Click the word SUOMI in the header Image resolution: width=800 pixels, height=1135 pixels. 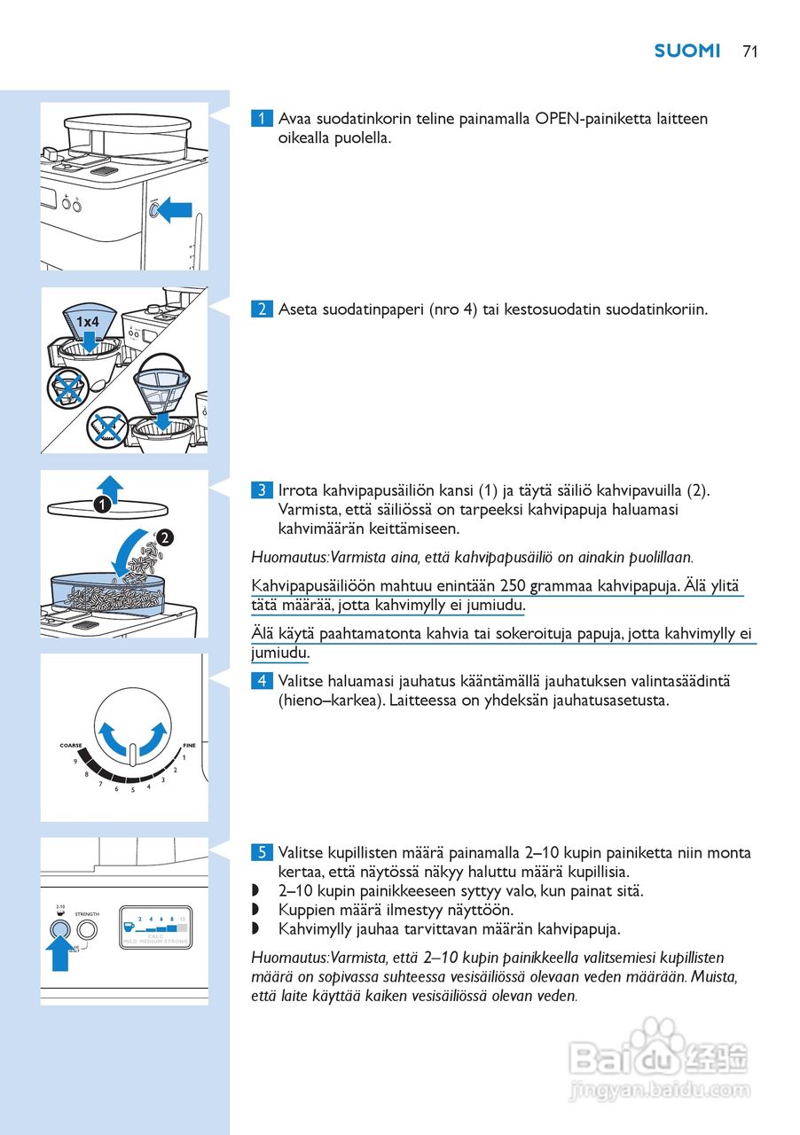687,51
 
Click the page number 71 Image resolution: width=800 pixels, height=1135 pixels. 749,51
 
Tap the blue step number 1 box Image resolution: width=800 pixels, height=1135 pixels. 262,119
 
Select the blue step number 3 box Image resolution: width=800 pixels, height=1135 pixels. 262,490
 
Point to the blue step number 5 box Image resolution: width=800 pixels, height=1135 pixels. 262,853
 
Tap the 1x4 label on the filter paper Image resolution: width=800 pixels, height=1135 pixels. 87,321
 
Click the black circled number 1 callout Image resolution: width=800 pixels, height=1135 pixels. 103,505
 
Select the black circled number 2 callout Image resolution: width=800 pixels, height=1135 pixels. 165,537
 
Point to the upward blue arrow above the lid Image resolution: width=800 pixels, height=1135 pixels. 109,486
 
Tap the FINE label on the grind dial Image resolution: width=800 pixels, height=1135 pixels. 189,746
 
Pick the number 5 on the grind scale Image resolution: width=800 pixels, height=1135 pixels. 132,789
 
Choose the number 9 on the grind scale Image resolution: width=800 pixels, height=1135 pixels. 75,762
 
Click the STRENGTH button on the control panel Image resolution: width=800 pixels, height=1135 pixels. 87,930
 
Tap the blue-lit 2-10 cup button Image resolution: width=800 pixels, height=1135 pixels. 59,930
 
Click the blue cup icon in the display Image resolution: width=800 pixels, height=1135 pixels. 129,928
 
